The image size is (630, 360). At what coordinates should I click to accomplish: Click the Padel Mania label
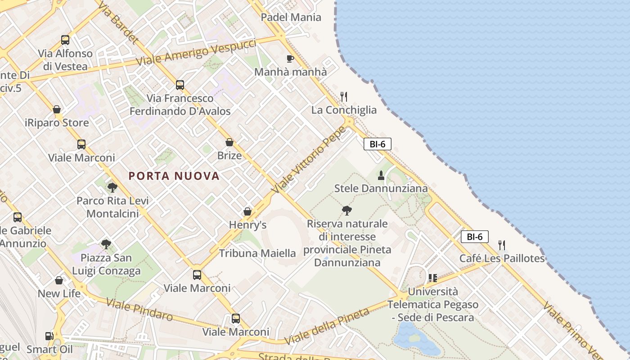[291, 18]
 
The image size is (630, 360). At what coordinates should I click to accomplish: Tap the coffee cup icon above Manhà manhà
[290, 58]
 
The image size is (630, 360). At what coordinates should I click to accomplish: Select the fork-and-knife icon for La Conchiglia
[344, 96]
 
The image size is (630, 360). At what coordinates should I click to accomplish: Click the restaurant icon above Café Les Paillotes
[502, 245]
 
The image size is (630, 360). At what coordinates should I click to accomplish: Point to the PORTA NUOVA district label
[174, 176]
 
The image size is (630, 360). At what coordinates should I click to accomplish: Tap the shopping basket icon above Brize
[229, 142]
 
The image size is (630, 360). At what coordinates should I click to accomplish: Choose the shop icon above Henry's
[247, 211]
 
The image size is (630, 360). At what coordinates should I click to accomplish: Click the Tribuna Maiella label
[257, 253]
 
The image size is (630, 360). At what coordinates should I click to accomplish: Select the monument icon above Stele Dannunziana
[381, 175]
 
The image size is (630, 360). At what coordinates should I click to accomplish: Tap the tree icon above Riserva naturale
[347, 210]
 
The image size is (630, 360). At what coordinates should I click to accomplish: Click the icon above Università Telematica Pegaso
[433, 278]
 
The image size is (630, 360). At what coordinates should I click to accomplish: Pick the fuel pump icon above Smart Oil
[49, 336]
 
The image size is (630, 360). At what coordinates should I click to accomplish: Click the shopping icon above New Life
[59, 280]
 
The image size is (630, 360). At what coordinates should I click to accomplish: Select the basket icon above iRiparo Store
[57, 109]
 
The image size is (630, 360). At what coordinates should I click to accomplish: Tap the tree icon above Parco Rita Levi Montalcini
[112, 187]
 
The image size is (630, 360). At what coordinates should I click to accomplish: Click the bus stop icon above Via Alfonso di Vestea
[65, 40]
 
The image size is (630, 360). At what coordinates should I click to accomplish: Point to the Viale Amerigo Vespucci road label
[196, 53]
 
